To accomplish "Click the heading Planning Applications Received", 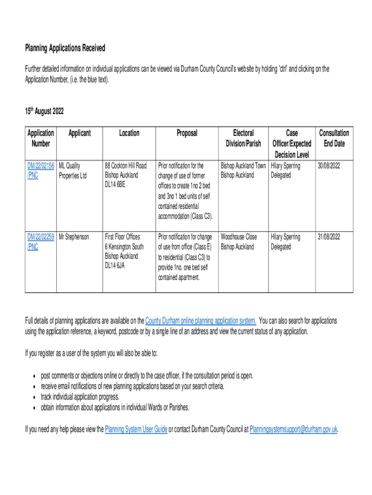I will tap(65, 48).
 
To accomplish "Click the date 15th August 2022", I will tap(44, 112).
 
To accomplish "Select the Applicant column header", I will tap(79, 133).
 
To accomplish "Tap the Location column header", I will tap(129, 133).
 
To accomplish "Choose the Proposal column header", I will tap(186, 133).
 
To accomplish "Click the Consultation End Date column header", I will tap(334, 138).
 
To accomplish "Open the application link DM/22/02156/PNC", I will tap(41, 170).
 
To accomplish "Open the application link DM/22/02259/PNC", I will tap(41, 242).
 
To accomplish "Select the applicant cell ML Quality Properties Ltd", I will tap(72, 170).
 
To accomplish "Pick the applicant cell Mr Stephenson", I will tap(74, 237).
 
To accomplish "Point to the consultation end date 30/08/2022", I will tap(329, 166).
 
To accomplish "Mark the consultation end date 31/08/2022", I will tap(329, 237).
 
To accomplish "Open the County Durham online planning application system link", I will tap(200, 321).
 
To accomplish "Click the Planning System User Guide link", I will tap(136, 429).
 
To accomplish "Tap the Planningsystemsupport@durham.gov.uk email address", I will tap(293, 429).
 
